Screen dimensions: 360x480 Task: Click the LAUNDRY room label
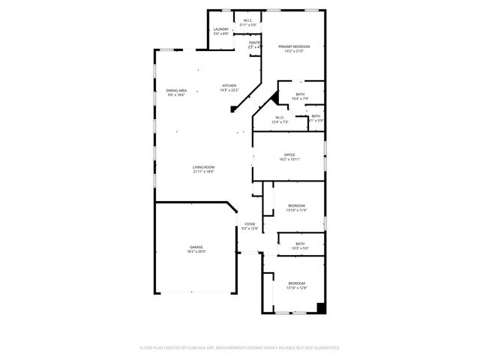click(x=220, y=29)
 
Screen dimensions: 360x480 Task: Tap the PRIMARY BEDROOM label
click(x=295, y=46)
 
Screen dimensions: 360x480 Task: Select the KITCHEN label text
click(x=229, y=86)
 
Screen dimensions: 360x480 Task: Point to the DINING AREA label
click(x=176, y=90)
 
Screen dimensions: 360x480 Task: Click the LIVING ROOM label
click(x=203, y=167)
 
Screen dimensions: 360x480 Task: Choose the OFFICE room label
click(x=289, y=155)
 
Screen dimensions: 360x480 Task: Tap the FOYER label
click(x=250, y=223)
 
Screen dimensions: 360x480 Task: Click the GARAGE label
click(x=196, y=247)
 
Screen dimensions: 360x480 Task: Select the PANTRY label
click(x=255, y=43)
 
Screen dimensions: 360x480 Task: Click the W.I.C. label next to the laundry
click(x=247, y=21)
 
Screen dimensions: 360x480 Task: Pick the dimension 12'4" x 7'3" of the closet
click(x=279, y=121)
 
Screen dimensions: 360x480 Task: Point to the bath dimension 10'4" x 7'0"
click(x=300, y=98)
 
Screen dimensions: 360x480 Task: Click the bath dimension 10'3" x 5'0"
click(x=300, y=247)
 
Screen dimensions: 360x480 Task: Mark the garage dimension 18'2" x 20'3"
click(x=196, y=251)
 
